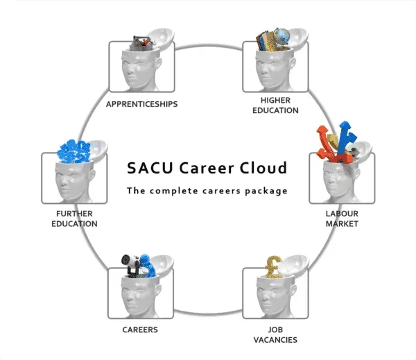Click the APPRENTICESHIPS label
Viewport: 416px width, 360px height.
(x=141, y=105)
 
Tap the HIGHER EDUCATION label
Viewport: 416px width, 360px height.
(x=275, y=105)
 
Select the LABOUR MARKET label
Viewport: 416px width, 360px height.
(x=342, y=218)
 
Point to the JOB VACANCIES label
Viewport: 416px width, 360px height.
(x=275, y=335)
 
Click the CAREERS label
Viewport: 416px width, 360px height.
(x=141, y=329)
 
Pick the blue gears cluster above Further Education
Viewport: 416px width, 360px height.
(x=76, y=149)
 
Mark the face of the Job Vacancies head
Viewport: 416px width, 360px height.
(x=264, y=294)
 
